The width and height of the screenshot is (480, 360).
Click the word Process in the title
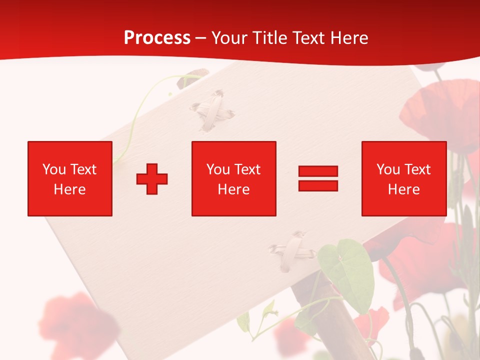pyautogui.click(x=157, y=38)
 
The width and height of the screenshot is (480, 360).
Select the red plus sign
pyautogui.click(x=152, y=178)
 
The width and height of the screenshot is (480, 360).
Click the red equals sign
pyautogui.click(x=318, y=178)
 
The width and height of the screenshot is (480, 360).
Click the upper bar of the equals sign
pyautogui.click(x=318, y=171)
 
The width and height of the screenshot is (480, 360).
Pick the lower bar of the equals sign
pyautogui.click(x=318, y=186)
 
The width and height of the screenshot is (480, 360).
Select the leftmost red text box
pyautogui.click(x=70, y=178)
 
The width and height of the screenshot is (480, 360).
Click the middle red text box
pyautogui.click(x=233, y=178)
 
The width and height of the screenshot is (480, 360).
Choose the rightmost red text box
pyautogui.click(x=403, y=178)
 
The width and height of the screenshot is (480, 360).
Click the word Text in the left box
pyautogui.click(x=83, y=169)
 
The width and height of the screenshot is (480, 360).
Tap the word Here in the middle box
pyautogui.click(x=233, y=189)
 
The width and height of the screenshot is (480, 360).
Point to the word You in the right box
pyautogui.click(x=388, y=169)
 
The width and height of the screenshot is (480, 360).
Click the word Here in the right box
pyautogui.click(x=403, y=189)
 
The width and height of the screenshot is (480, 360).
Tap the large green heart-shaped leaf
pyautogui.click(x=348, y=272)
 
